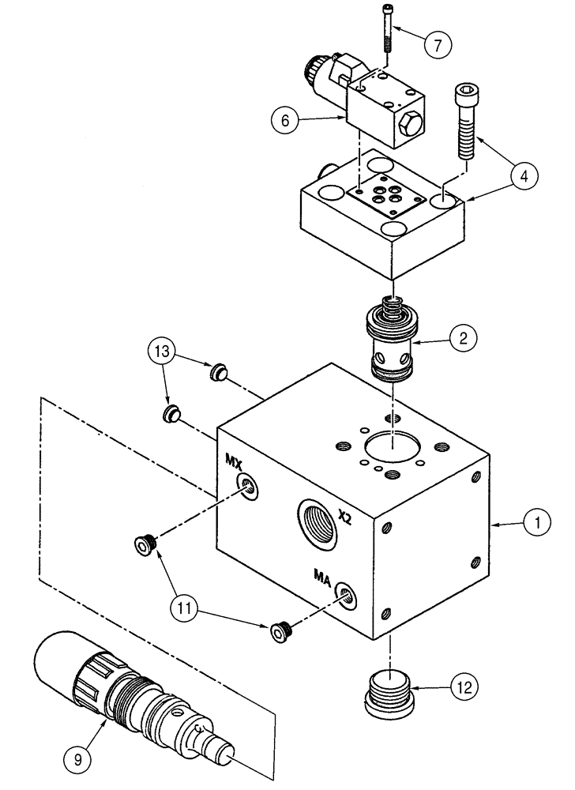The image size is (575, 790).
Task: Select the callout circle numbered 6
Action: click(285, 121)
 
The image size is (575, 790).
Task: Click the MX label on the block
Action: click(235, 460)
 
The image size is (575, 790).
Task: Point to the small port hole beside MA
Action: click(344, 593)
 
